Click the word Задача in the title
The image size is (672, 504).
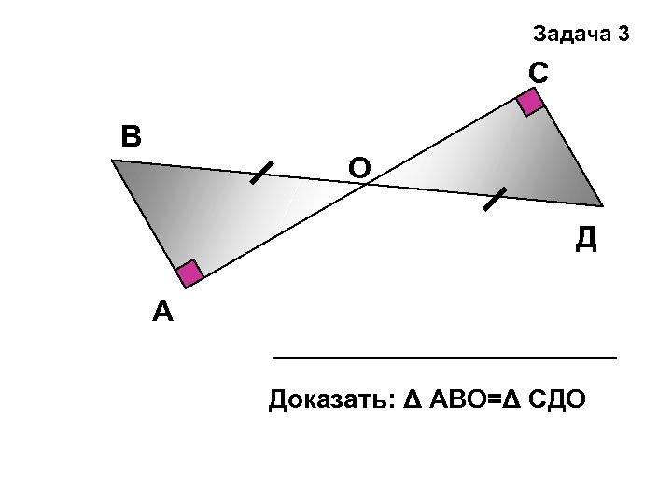tap(570, 35)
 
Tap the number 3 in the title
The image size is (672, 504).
tap(623, 35)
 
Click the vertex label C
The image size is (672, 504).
tap(538, 72)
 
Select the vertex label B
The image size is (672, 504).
tap(131, 136)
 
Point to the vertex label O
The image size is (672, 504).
tap(359, 167)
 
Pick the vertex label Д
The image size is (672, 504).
tap(585, 239)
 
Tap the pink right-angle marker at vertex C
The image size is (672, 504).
tap(531, 101)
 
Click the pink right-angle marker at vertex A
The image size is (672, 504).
tap(189, 274)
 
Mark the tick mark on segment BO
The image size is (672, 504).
tap(261, 174)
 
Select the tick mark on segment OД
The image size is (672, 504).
tap(493, 199)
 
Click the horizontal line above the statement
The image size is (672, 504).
tap(443, 357)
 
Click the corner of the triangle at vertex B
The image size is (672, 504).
tap(114, 161)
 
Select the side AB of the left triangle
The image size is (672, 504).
tap(148, 218)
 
